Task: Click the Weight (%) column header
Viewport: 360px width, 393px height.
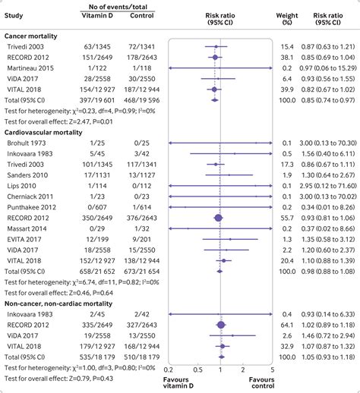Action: [x=289, y=18]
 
